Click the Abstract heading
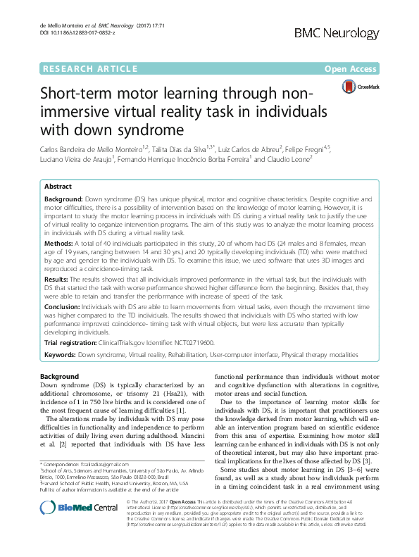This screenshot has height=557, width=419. point(58,187)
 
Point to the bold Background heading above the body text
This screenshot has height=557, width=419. point(60,377)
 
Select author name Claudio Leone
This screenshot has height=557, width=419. point(291,160)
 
